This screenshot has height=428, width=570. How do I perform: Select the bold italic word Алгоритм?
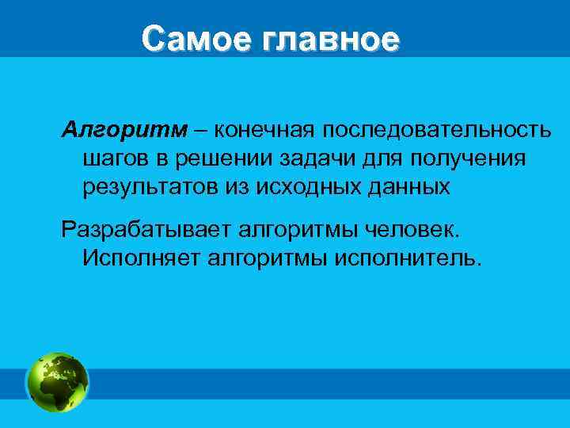(125, 128)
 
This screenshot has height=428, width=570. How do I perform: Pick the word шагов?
(113, 158)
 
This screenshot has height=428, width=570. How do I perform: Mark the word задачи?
(320, 158)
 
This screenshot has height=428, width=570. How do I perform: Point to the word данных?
(409, 187)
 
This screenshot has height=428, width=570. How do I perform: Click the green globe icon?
(58, 382)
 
